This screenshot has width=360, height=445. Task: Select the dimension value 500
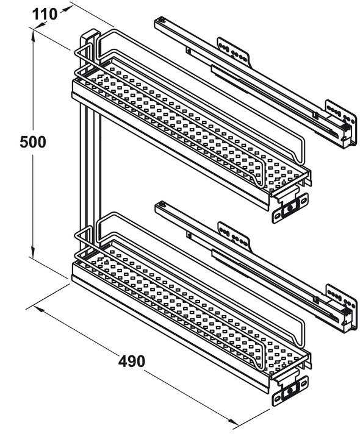(32, 142)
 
